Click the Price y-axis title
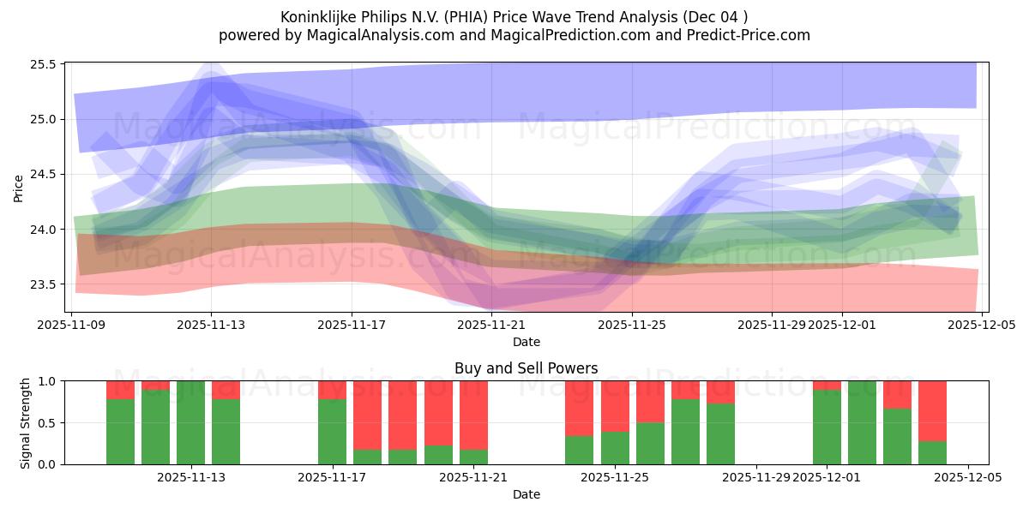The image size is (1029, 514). pyautogui.click(x=18, y=188)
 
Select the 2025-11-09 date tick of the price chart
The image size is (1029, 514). pyautogui.click(x=72, y=325)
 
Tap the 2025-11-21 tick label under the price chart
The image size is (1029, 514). pyautogui.click(x=492, y=325)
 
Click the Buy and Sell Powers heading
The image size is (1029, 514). pyautogui.click(x=526, y=368)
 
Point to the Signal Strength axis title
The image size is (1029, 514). pyautogui.click(x=26, y=422)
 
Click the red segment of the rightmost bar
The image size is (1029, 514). pyautogui.click(x=932, y=410)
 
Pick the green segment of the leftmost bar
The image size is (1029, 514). pyautogui.click(x=120, y=432)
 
